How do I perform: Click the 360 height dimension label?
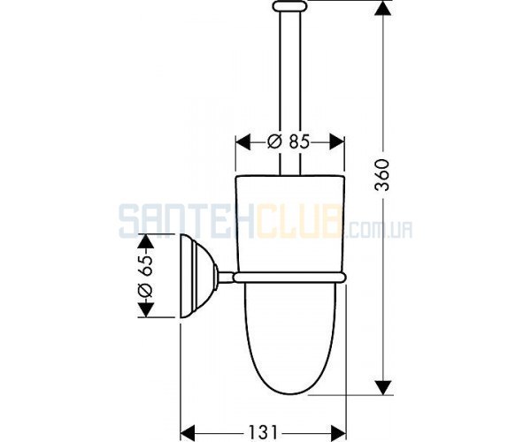(382, 174)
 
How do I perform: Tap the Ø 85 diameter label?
(289, 141)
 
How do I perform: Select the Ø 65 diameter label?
(145, 276)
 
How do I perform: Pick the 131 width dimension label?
(263, 431)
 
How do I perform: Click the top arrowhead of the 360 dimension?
(383, 8)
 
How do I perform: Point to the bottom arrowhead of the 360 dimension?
(383, 387)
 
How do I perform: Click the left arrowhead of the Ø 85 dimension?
(242, 141)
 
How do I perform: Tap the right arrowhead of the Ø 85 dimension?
(336, 141)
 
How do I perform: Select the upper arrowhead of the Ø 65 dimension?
(145, 242)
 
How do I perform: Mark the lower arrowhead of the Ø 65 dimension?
(145, 309)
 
